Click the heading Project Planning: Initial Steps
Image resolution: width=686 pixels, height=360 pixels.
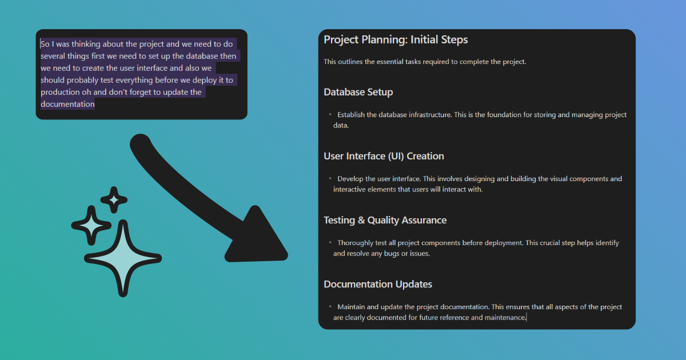[396, 40]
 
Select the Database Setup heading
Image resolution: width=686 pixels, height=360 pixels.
[358, 92]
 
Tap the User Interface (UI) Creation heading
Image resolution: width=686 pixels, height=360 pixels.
[384, 156]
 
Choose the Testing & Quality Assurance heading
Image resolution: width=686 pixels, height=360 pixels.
[385, 221]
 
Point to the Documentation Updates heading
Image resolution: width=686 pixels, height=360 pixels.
[378, 285]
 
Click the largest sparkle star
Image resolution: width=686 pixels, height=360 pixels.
[123, 258]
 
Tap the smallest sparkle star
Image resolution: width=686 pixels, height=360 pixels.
[114, 200]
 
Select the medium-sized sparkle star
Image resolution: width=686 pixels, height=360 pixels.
[91, 226]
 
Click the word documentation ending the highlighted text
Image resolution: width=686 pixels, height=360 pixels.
[67, 105]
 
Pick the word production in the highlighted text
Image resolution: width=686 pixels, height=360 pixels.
[60, 93]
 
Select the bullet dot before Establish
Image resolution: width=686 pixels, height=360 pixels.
[330, 114]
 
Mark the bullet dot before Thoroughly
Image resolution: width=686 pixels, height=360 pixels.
[330, 242]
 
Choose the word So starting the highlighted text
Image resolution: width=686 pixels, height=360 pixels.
[45, 44]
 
